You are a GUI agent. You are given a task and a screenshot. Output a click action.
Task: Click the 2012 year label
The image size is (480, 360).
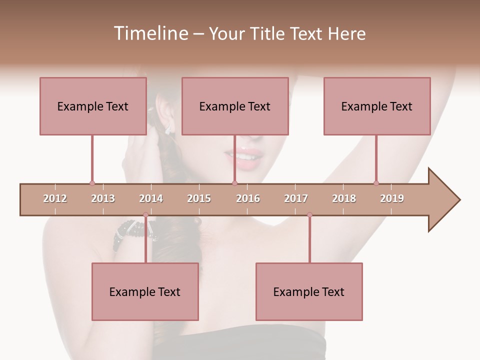(x=55, y=198)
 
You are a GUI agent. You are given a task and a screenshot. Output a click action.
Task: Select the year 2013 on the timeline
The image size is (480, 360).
(x=103, y=198)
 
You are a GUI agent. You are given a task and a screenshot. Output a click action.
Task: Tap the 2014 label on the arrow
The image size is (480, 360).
(x=151, y=198)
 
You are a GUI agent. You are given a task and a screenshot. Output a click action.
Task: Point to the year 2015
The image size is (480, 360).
(x=199, y=198)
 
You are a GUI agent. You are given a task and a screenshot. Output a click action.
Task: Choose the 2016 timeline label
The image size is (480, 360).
(x=248, y=198)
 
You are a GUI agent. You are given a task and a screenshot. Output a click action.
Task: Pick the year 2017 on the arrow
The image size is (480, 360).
(x=296, y=198)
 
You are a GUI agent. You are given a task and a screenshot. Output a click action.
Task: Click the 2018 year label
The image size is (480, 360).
(x=344, y=198)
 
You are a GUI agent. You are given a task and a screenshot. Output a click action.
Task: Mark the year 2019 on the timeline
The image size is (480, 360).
(x=392, y=198)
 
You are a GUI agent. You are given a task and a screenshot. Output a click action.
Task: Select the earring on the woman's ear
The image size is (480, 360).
(x=168, y=128)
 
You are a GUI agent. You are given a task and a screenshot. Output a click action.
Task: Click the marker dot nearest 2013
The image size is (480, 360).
(x=92, y=183)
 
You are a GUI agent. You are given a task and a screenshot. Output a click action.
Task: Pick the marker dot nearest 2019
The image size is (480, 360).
(x=376, y=183)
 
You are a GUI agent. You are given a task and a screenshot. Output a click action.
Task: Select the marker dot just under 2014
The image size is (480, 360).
(x=145, y=215)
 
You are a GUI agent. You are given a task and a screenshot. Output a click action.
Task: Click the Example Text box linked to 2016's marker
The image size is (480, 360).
(x=235, y=106)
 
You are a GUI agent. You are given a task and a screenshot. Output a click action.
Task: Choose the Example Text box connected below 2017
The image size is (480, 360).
(x=309, y=291)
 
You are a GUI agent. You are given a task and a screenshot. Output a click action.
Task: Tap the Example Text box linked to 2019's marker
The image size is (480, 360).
(x=377, y=106)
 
